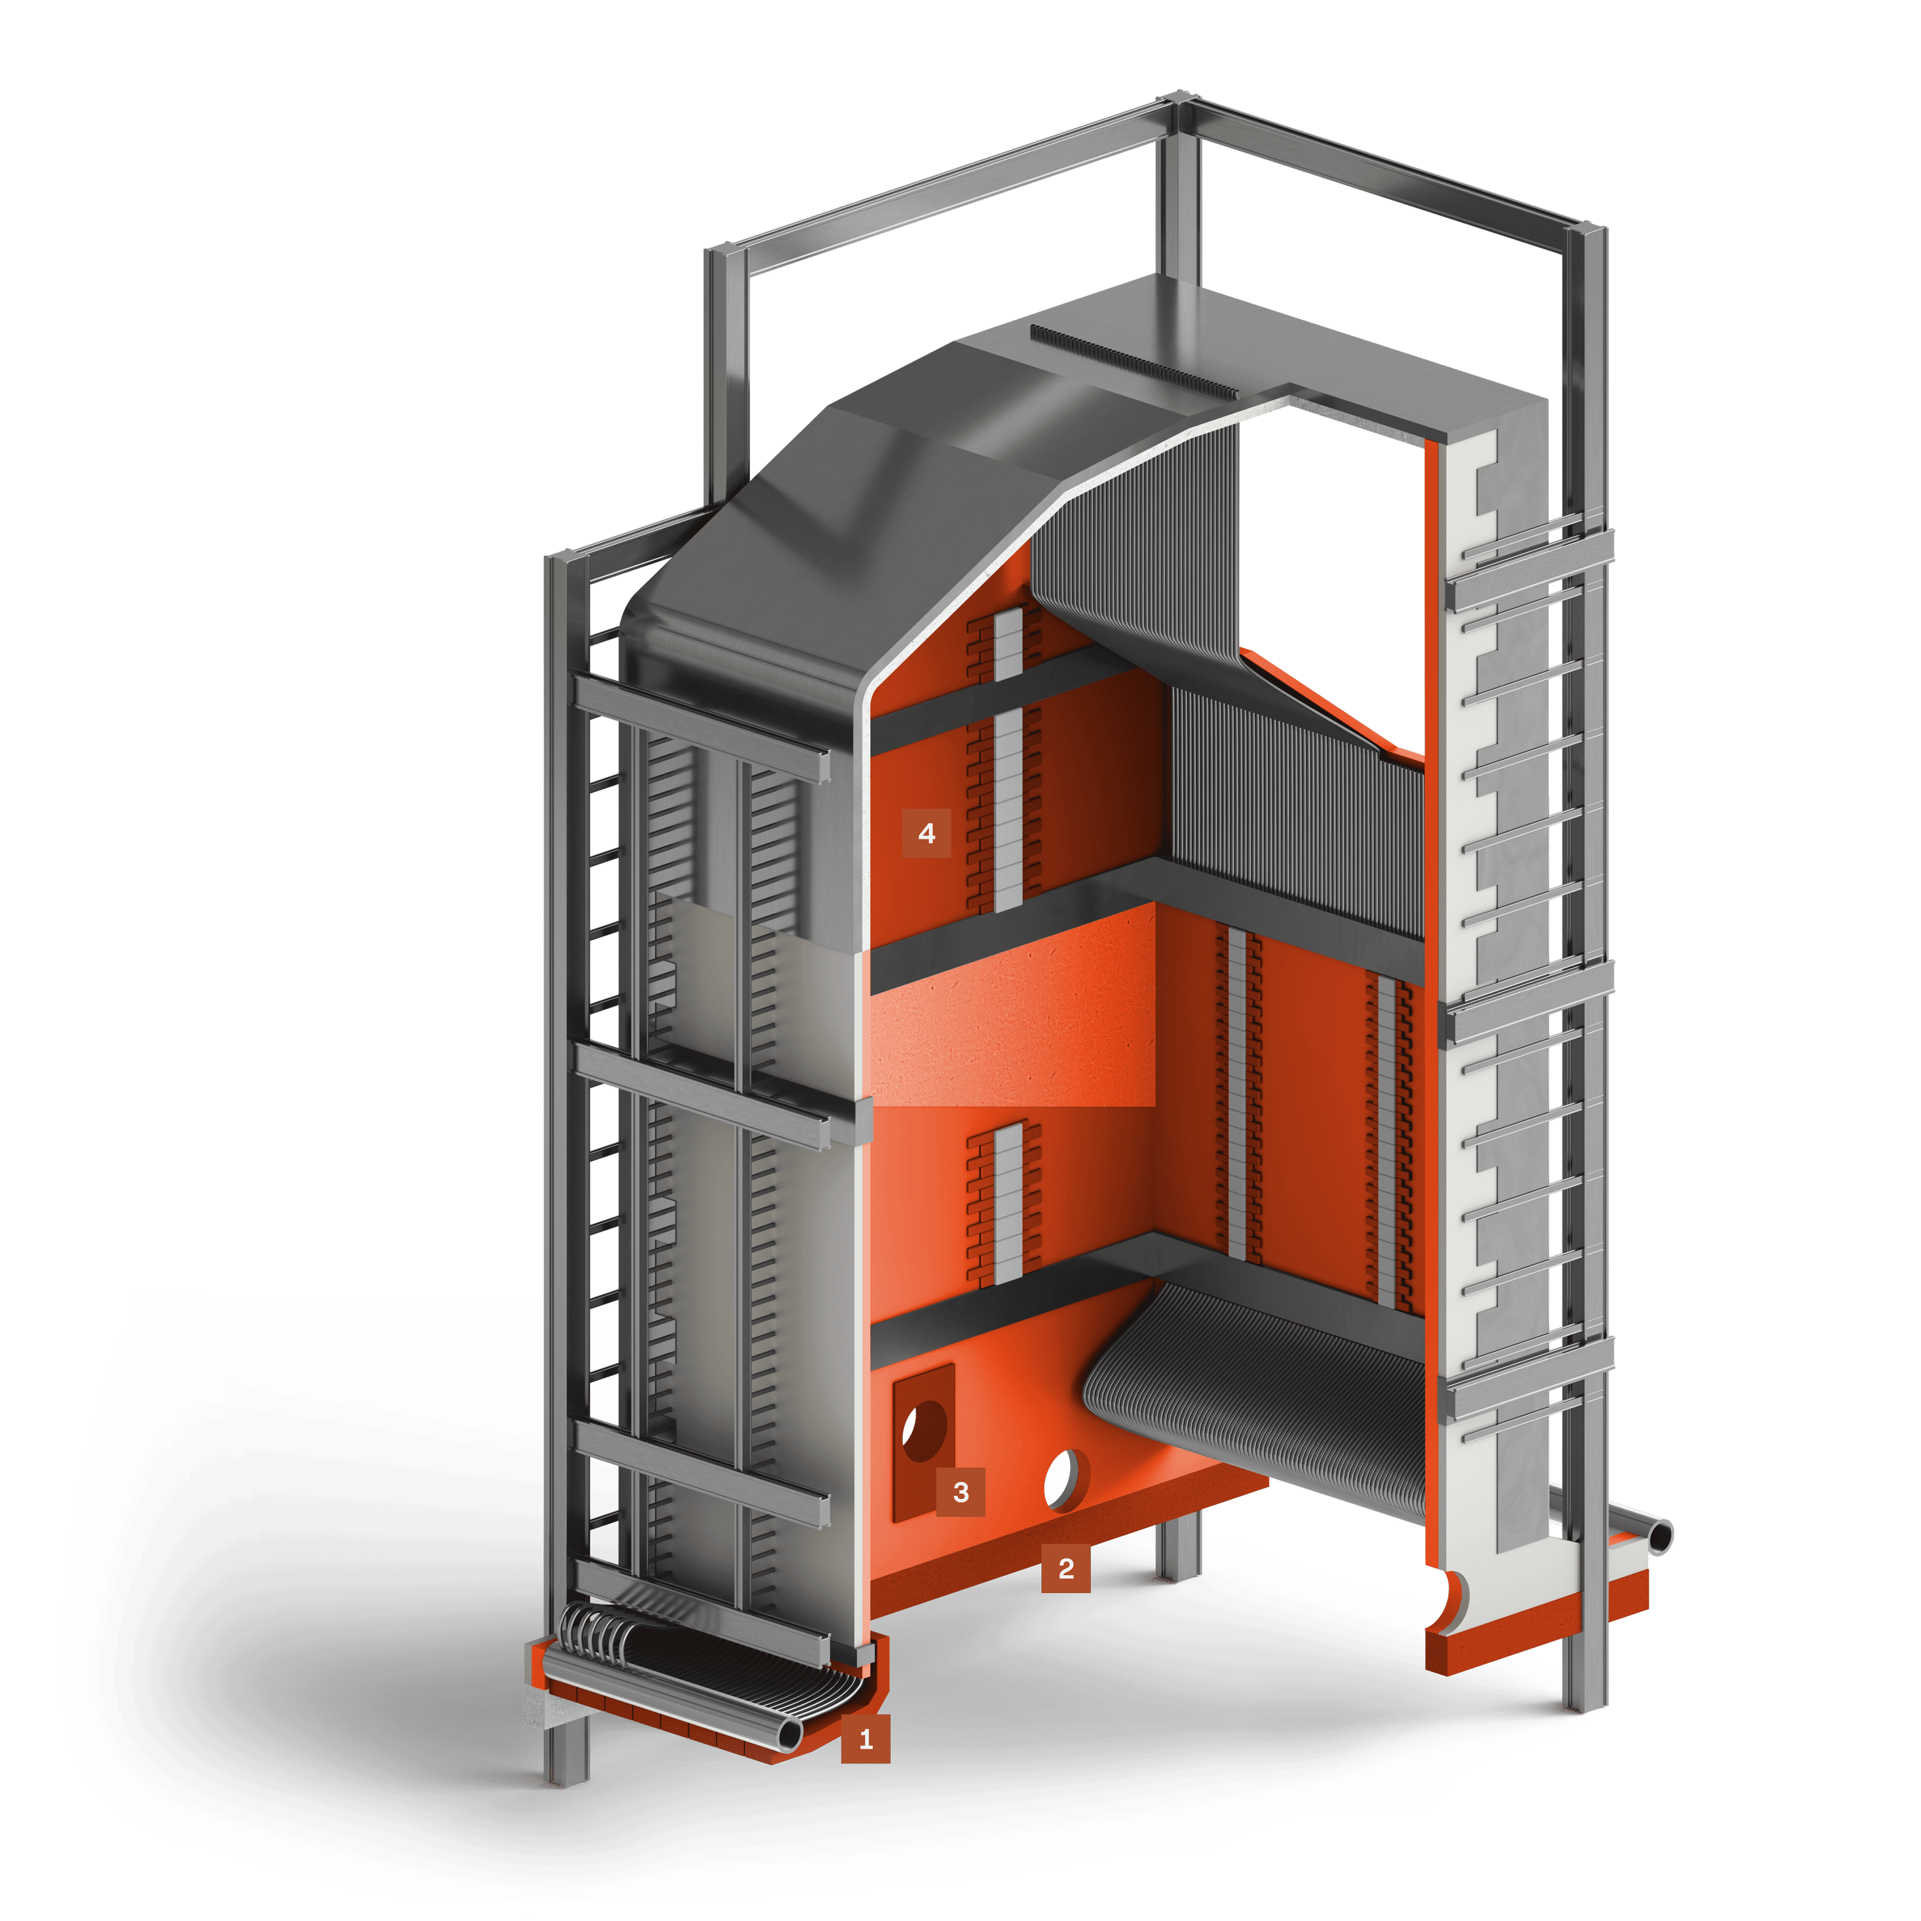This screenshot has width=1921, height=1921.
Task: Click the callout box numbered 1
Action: click(x=865, y=1739)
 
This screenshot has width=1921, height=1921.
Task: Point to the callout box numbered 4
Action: click(x=927, y=833)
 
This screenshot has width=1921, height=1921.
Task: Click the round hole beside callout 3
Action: click(x=925, y=1431)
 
